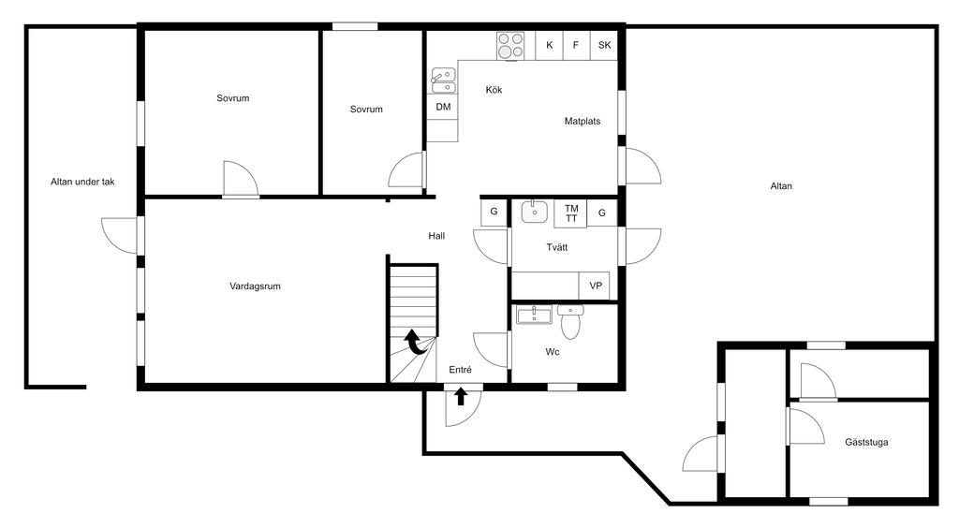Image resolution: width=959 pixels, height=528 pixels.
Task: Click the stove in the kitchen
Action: (x=510, y=45)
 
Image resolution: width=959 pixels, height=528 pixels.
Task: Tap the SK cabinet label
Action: (x=604, y=45)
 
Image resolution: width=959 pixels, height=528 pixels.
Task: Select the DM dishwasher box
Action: (x=442, y=107)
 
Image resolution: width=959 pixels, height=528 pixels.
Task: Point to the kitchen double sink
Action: (x=443, y=81)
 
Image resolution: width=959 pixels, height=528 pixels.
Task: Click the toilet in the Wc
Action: (x=570, y=323)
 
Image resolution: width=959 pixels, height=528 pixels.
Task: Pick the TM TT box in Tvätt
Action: (x=570, y=213)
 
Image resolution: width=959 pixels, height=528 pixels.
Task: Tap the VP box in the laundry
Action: (x=595, y=286)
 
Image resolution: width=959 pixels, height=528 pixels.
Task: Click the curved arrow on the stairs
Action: (x=416, y=343)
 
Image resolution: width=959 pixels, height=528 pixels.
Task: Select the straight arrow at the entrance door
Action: (x=461, y=397)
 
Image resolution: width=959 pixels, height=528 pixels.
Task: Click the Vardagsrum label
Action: (x=255, y=286)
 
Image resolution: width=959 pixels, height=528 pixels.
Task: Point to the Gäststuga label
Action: (x=866, y=443)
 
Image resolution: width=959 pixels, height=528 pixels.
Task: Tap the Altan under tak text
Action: (x=82, y=182)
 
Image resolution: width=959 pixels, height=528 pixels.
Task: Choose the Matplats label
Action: (x=583, y=122)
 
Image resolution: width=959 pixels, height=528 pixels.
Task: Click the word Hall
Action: (x=436, y=236)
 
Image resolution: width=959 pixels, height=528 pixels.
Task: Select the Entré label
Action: (x=460, y=370)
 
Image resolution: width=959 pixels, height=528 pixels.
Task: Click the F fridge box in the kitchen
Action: (x=576, y=45)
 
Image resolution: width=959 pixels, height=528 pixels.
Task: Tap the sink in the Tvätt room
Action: (x=535, y=213)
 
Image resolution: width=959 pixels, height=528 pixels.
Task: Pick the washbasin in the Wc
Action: (x=534, y=315)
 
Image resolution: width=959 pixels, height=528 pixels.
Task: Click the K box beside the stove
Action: (x=549, y=45)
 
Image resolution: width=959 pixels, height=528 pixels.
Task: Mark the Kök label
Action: (x=494, y=90)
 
